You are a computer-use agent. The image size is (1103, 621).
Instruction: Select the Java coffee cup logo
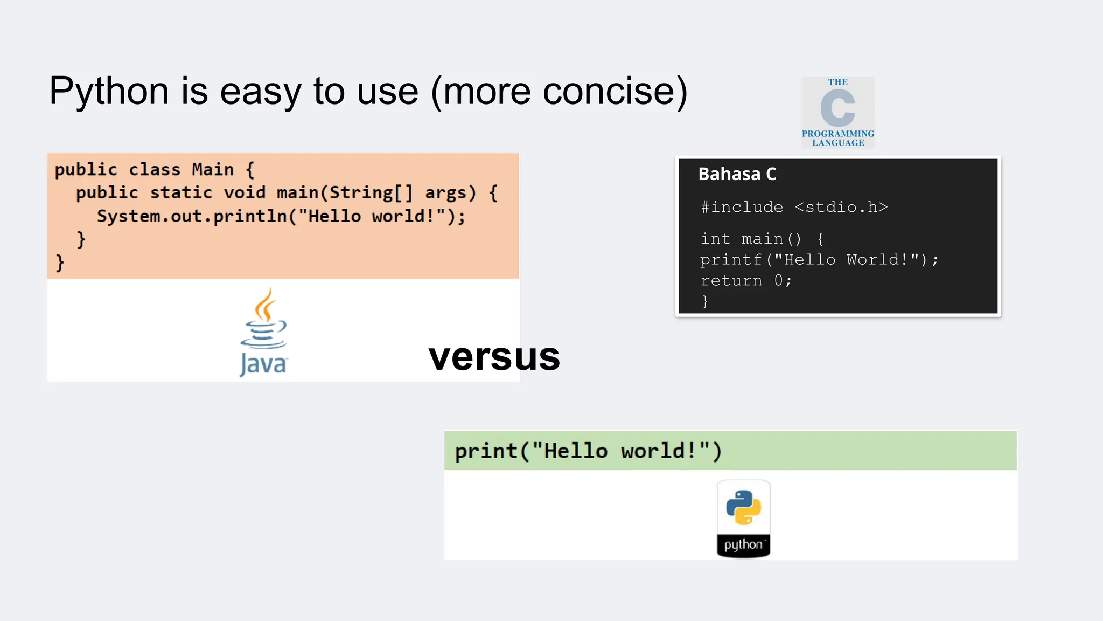263,332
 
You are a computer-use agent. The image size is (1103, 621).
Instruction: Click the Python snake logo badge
743,518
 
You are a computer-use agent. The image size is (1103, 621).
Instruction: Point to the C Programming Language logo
837,112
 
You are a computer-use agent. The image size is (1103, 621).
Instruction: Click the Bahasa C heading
737,174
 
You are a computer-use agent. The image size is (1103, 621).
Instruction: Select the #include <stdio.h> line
794,207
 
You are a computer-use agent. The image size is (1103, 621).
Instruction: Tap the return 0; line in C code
746,281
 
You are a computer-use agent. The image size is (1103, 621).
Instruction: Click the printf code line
819,260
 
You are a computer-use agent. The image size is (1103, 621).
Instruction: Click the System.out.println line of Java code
281,216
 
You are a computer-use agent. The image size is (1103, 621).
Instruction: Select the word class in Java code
155,170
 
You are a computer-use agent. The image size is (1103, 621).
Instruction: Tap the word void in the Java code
245,193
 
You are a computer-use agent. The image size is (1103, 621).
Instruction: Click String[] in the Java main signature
371,193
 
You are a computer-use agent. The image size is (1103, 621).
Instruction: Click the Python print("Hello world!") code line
588,451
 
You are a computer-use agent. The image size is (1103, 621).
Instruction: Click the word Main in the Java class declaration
213,170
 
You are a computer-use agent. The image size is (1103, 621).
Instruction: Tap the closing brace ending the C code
705,301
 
